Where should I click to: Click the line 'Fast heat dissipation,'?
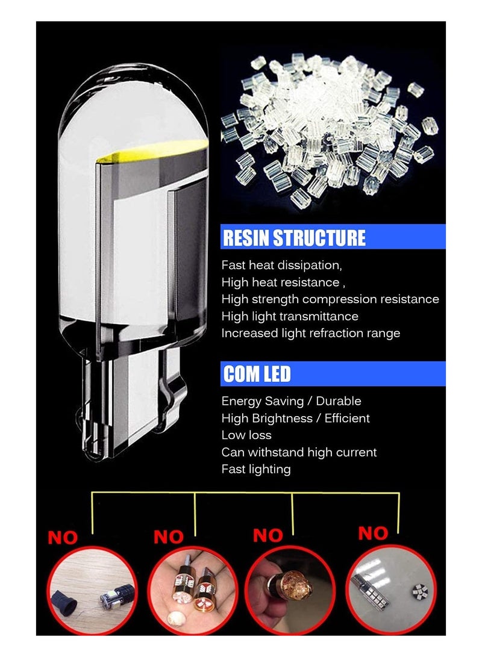[x=281, y=265]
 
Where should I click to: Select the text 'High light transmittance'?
[x=290, y=316]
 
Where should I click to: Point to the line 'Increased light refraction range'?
[x=310, y=333]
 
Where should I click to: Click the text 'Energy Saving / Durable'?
[x=291, y=401]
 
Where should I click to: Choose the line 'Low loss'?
[x=246, y=435]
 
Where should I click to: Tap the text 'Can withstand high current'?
[x=299, y=452]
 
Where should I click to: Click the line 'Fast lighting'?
[x=256, y=469]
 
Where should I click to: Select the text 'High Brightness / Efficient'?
[x=295, y=418]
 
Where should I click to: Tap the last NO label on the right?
[x=373, y=533]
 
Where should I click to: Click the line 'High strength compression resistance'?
[x=330, y=299]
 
